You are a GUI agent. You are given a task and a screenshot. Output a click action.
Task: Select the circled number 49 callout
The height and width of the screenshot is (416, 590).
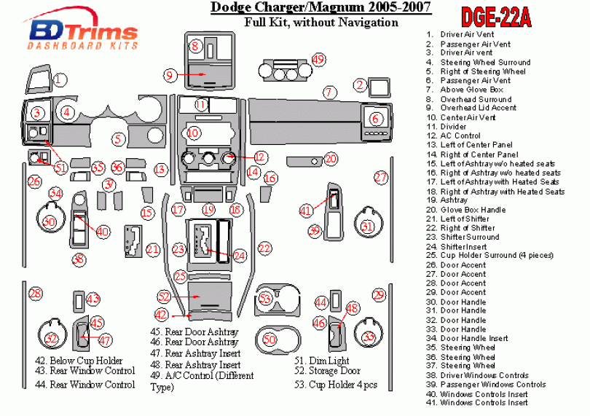click(x=318, y=59)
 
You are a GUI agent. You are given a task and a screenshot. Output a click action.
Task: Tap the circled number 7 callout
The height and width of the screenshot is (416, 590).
click(x=330, y=93)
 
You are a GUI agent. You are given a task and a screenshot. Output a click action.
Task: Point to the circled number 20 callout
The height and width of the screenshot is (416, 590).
click(x=331, y=159)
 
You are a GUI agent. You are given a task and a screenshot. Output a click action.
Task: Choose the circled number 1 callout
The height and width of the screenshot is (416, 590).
click(x=60, y=80)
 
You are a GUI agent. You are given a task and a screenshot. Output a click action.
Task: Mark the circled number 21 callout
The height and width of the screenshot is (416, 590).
click(x=152, y=250)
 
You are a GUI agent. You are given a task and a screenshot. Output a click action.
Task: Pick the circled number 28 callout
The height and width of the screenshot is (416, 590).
click(x=35, y=294)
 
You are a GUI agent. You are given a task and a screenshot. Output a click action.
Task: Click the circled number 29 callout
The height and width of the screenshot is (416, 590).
click(x=379, y=294)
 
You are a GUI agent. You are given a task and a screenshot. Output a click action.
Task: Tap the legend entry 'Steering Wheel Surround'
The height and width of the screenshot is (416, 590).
click(x=485, y=63)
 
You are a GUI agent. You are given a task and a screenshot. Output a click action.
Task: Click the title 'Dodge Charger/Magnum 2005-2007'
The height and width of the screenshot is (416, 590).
click(x=320, y=8)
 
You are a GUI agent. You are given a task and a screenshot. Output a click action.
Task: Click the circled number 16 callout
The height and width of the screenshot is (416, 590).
click(x=270, y=178)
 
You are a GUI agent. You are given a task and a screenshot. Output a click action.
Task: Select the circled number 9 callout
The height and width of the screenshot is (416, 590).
click(x=170, y=74)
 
